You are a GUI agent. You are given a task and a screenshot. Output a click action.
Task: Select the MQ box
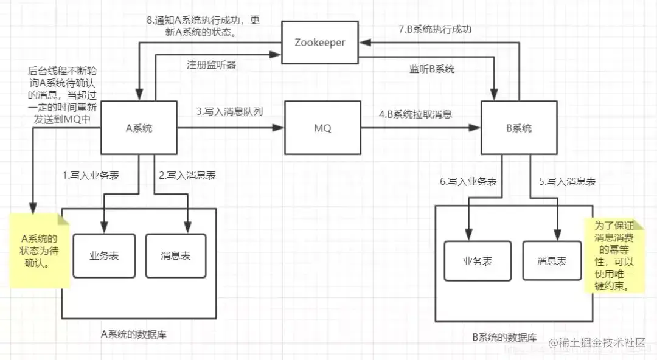[x=322, y=128]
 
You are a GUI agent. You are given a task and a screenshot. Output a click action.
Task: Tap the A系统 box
[x=139, y=128]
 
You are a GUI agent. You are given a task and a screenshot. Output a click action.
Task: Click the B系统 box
[x=519, y=128]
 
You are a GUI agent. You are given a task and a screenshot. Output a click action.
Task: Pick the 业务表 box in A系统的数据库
[x=103, y=255]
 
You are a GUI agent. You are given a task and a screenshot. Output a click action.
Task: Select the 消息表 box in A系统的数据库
[x=175, y=255]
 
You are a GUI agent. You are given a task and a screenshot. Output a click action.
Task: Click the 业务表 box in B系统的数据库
[x=477, y=261]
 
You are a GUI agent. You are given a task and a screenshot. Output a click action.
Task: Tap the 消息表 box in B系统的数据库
[x=551, y=261]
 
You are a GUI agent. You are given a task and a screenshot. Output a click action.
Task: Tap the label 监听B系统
[x=431, y=69]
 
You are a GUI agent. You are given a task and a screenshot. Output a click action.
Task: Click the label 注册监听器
[x=211, y=64]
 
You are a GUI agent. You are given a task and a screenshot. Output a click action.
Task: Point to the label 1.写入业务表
[x=91, y=176]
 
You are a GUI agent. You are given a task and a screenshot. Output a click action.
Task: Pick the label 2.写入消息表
[x=187, y=176]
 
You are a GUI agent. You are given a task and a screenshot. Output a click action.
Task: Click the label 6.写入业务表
[x=467, y=181]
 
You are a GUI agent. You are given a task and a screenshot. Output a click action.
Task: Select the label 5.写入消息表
[x=567, y=181]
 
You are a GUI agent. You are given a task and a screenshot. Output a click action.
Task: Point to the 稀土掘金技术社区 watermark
[x=597, y=344]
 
